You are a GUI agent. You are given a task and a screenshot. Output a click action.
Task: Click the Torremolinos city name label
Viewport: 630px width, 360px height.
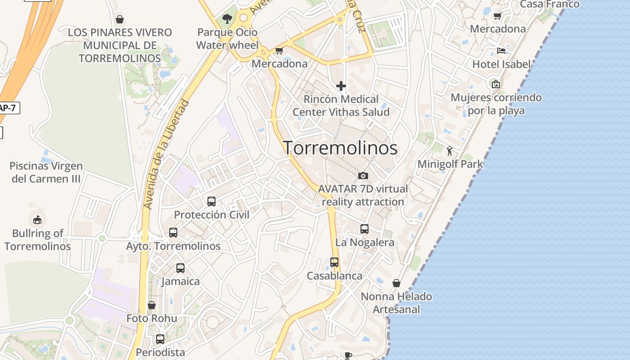(340, 148)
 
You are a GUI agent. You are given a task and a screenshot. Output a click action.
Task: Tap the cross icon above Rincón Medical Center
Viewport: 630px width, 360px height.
(341, 85)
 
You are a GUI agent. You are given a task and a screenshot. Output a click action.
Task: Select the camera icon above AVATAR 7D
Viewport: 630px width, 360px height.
(363, 175)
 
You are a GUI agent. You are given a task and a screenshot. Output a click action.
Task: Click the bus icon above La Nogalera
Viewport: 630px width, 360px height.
(364, 229)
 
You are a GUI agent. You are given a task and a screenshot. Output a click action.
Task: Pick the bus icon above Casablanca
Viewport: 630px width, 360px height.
(334, 262)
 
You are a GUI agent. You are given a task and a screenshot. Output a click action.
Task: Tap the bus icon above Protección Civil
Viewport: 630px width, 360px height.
(211, 202)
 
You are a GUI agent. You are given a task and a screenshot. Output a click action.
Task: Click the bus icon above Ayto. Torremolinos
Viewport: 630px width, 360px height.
(173, 233)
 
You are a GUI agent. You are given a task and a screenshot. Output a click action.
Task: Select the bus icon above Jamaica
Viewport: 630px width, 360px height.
(180, 268)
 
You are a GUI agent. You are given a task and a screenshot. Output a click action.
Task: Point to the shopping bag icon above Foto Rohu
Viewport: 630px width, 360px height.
(152, 305)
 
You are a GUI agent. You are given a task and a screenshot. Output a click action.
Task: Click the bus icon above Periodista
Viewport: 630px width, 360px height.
(160, 339)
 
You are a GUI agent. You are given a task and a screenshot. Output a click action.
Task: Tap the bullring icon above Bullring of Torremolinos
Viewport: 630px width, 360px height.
(37, 220)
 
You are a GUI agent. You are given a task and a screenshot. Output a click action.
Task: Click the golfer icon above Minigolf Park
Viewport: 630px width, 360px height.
(450, 151)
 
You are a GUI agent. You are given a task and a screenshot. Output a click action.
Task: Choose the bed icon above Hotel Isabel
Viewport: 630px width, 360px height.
(501, 51)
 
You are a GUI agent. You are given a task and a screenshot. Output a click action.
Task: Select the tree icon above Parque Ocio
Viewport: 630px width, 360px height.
(227, 19)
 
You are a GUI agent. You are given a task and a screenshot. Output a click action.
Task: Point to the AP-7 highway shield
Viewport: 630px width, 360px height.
(9, 108)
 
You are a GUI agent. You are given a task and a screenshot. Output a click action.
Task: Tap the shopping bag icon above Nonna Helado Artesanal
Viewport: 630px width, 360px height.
(396, 283)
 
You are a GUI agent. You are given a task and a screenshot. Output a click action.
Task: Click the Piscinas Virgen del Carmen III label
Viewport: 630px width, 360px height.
(46, 172)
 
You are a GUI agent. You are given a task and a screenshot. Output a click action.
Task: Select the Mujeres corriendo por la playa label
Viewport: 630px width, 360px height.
(496, 104)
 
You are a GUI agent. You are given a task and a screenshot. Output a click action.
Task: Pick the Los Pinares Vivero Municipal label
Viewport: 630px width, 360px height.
(120, 45)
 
